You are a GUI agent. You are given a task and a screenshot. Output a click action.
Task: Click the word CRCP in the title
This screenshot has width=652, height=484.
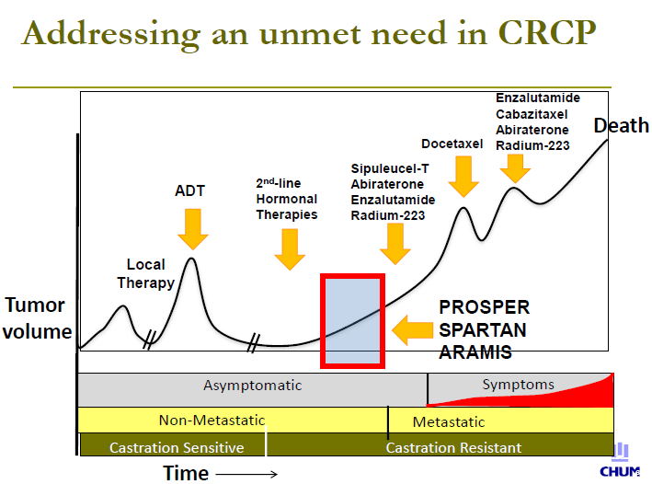point(547,32)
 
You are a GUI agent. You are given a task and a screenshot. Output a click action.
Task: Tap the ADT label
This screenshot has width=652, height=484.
point(190,190)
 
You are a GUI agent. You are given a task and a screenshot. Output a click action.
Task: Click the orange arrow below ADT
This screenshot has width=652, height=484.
point(193,229)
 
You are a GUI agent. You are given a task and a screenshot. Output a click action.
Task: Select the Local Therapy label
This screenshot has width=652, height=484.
point(145,273)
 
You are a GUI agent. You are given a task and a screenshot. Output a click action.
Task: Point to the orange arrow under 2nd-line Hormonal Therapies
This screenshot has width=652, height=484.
point(290,249)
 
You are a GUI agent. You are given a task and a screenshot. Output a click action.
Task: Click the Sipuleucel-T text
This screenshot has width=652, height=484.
point(390,168)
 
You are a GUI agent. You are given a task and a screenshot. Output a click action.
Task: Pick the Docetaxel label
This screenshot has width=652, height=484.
point(452,144)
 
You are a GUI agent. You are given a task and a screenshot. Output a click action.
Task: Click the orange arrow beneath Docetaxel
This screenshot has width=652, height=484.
point(463,177)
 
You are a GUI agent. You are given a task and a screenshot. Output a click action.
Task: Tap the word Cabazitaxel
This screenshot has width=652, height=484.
point(532,114)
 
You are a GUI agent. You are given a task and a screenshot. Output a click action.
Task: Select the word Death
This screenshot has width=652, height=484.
point(622,125)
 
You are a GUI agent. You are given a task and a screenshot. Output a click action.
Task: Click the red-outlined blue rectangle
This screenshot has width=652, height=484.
point(352,321)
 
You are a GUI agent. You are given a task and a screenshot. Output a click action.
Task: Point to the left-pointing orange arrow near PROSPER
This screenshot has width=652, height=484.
point(413,330)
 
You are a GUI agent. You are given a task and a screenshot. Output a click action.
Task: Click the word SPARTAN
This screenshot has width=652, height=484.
point(483,330)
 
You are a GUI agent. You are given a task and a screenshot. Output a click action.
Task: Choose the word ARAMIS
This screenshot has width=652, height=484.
point(475,352)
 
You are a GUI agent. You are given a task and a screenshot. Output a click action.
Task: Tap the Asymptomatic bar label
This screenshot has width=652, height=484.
point(252,386)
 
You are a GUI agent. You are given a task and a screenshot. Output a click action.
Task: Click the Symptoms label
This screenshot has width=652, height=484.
point(518,385)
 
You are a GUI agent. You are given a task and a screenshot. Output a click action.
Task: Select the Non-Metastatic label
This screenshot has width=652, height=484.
point(212,421)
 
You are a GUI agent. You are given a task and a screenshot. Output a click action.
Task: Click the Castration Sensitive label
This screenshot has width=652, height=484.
point(177,448)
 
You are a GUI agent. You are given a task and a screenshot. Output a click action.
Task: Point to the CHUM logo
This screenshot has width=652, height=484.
point(620,460)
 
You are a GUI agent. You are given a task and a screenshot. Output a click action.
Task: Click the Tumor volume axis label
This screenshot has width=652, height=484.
point(37,318)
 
